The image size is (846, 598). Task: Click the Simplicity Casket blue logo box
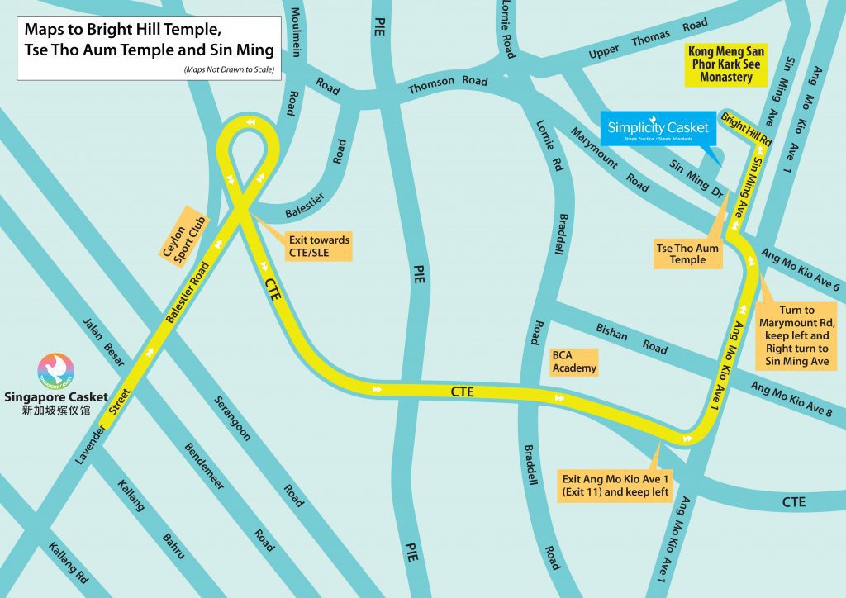tap(658, 128)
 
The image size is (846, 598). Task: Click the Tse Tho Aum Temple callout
tap(687, 254)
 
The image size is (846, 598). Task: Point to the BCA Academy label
tap(574, 362)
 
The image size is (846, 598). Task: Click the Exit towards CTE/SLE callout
tap(319, 245)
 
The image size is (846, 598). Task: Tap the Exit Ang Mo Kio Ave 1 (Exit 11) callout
tap(615, 486)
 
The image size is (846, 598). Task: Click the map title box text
tap(149, 39)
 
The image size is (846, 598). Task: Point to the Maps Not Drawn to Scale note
tap(231, 69)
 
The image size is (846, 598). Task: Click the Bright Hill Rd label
tap(746, 130)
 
